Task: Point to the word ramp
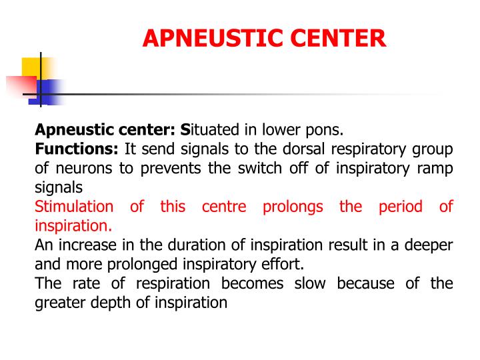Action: tap(435, 168)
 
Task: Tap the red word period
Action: tap(401, 207)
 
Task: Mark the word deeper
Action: tap(431, 245)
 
